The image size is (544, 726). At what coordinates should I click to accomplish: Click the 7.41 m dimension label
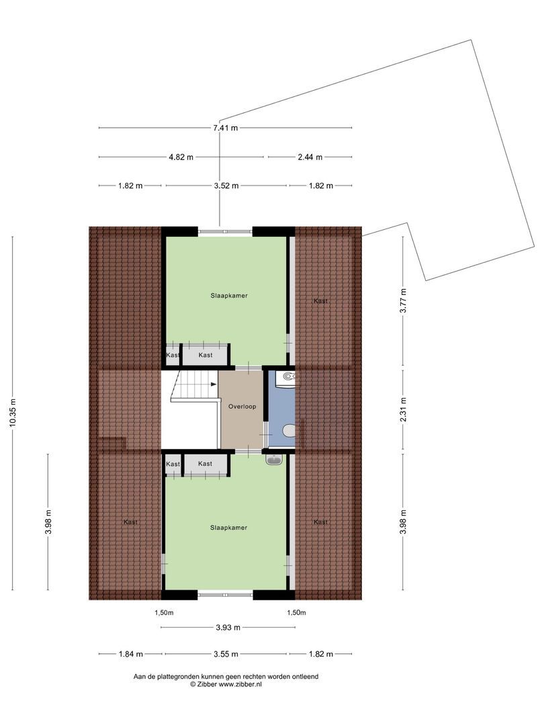click(225, 128)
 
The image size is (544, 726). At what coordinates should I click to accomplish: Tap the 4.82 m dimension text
click(181, 157)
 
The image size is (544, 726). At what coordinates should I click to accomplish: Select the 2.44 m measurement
click(310, 157)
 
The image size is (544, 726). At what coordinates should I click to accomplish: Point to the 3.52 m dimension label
click(226, 186)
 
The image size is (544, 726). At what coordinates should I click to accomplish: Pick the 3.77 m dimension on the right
click(403, 300)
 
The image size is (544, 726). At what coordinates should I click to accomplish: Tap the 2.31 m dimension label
click(403, 409)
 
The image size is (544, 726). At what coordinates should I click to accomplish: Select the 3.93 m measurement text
click(228, 628)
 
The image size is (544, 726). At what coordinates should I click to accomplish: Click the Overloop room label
click(241, 407)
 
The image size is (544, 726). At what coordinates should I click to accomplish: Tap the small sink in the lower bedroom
click(274, 460)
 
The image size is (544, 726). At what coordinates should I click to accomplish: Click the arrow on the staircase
click(213, 385)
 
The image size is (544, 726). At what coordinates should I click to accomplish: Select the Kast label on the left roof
click(130, 522)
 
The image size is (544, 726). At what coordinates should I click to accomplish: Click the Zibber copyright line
click(226, 684)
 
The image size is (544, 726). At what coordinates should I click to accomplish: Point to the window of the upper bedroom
click(225, 232)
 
